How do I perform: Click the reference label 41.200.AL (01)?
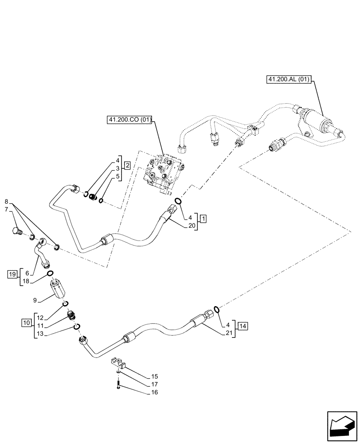290,80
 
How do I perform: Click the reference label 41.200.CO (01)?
129,119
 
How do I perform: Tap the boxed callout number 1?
203,218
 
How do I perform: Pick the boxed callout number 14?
243,326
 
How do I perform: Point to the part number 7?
6,209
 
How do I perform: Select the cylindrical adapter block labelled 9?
59,290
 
